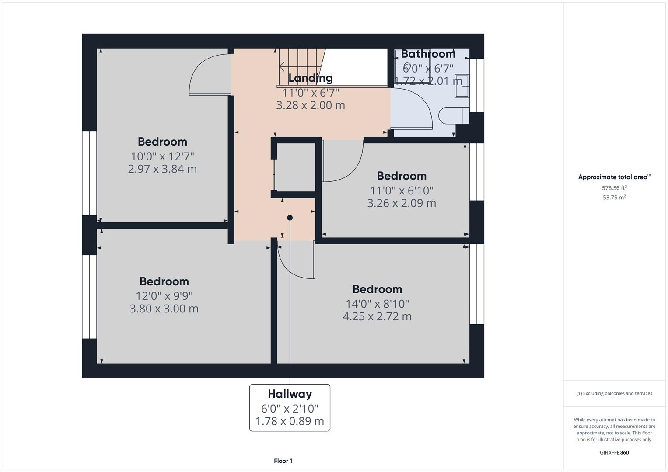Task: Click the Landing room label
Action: (311, 78)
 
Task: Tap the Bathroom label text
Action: (428, 54)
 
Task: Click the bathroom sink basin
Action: (462, 85)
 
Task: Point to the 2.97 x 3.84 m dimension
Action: (162, 169)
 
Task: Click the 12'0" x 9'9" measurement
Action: (164, 296)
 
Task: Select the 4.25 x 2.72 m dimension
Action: (377, 316)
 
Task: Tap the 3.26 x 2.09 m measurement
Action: (402, 203)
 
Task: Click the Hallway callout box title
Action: (290, 394)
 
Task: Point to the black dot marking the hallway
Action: (290, 218)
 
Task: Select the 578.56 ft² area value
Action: (614, 188)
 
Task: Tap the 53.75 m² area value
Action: (614, 198)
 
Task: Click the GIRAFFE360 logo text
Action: (614, 452)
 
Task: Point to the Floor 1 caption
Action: (283, 461)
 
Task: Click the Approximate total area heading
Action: (613, 177)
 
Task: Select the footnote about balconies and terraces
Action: (614, 393)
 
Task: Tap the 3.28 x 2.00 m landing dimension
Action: (311, 105)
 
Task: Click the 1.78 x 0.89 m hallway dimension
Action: (290, 421)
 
